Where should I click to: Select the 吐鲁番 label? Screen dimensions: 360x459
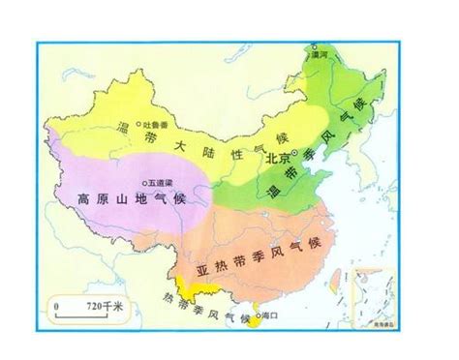coord(156,124)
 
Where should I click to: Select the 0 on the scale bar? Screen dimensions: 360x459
coord(57,305)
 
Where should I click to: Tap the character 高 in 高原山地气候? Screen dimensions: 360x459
coord(85,197)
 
